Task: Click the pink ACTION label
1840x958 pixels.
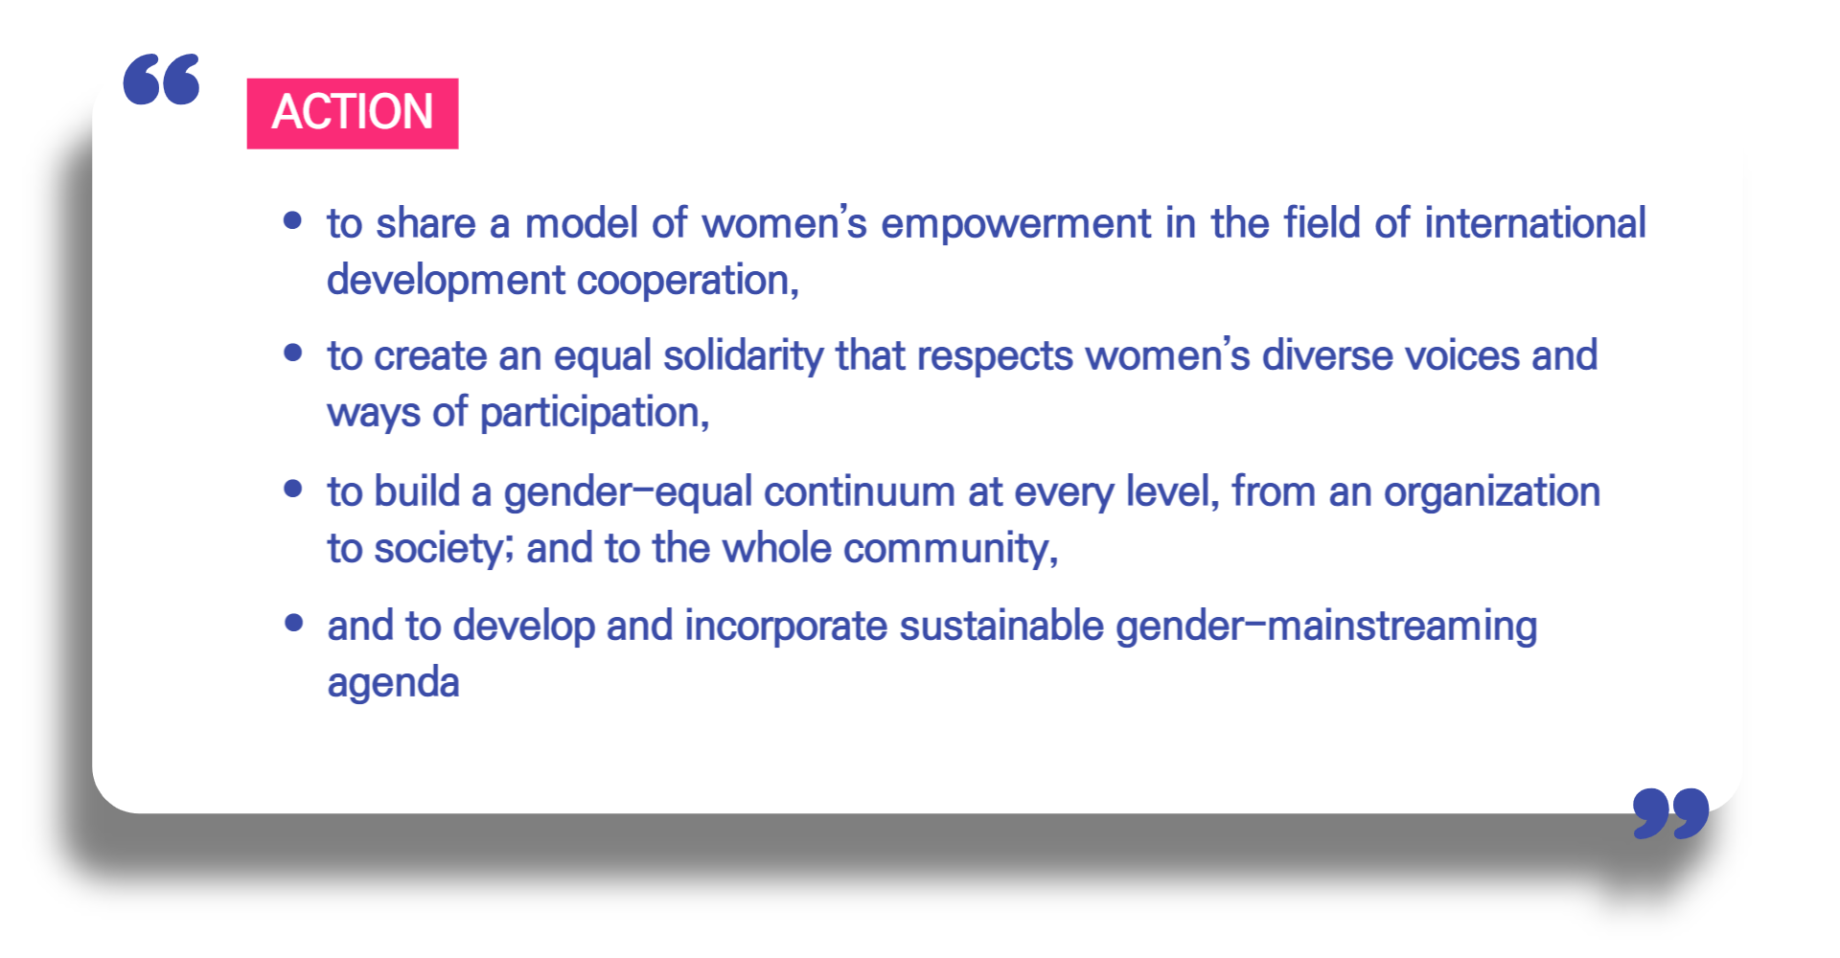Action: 353,113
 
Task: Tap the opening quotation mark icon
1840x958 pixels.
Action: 161,79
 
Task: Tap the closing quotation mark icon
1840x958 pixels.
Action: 1671,813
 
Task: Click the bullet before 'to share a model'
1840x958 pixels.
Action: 293,221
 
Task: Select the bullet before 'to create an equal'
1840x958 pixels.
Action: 293,354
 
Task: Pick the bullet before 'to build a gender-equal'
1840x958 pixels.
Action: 293,490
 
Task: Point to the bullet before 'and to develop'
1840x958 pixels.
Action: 293,624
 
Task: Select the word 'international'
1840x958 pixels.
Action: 1535,223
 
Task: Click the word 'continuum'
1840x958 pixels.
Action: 860,492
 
